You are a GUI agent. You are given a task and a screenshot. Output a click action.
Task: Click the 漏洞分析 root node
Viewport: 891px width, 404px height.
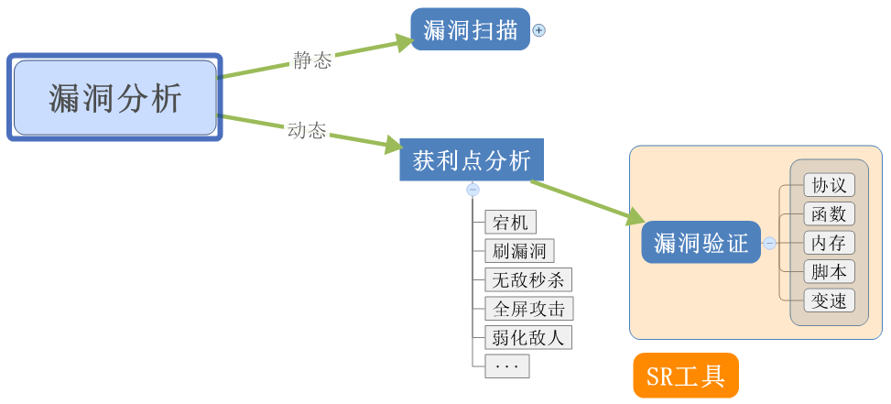[115, 98]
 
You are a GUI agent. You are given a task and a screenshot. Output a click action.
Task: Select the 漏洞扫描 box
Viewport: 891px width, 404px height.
[471, 29]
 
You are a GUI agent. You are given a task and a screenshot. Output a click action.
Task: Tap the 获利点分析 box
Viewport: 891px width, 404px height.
[472, 160]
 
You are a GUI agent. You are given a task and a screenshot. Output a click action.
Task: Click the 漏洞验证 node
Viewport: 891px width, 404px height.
[701, 243]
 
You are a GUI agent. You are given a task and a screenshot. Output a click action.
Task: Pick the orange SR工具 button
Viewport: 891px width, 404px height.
[685, 376]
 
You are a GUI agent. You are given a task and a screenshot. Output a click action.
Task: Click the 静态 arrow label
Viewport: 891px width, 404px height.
[312, 61]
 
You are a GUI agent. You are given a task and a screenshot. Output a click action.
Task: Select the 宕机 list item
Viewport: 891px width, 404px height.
[511, 222]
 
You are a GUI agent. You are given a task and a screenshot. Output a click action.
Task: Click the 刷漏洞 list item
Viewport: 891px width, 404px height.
[519, 251]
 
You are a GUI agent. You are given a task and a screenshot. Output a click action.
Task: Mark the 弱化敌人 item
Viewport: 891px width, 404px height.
[528, 336]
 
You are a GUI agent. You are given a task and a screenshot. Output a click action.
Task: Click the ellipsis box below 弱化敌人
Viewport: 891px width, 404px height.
[506, 366]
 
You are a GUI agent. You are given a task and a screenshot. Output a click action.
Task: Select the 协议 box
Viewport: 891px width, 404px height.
[829, 185]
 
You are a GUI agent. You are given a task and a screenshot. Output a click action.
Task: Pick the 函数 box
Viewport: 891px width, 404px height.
[829, 213]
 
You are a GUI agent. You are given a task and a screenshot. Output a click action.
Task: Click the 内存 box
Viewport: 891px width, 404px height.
[829, 243]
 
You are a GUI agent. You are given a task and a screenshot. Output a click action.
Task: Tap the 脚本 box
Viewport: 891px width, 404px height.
[829, 271]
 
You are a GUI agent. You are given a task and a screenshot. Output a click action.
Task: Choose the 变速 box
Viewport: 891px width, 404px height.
[829, 300]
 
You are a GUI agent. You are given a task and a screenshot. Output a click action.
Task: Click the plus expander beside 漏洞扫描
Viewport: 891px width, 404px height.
[538, 30]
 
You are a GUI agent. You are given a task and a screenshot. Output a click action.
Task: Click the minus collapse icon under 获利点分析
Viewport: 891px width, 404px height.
[473, 190]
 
